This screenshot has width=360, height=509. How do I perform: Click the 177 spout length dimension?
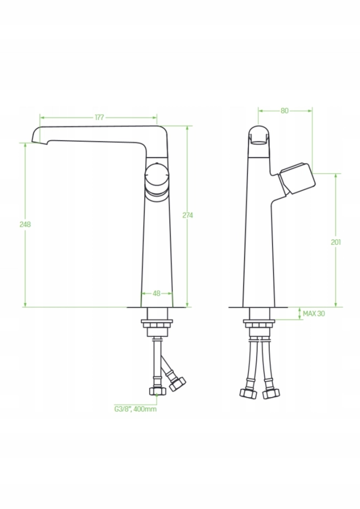[x=99, y=117]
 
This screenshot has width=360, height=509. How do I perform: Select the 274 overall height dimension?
[x=187, y=215]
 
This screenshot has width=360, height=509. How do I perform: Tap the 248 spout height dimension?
[x=25, y=224]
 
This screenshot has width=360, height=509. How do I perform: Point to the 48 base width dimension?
[x=156, y=293]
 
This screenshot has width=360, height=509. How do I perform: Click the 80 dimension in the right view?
[x=284, y=110]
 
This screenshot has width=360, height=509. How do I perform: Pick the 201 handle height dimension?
[x=336, y=242]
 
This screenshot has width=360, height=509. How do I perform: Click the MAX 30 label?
[x=314, y=314]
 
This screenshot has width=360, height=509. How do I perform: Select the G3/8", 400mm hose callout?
[x=135, y=409]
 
